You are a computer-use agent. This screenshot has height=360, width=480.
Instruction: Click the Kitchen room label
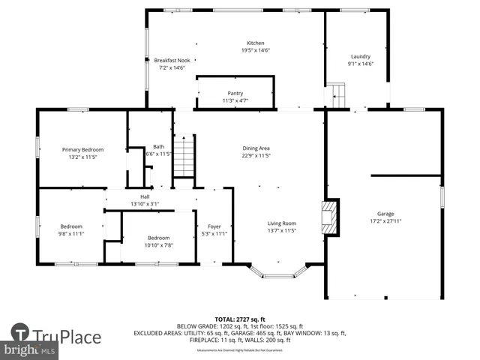(x=256, y=43)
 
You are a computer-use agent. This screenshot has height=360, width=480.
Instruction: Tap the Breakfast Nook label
(x=171, y=60)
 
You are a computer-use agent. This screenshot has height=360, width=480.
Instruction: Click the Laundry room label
(x=360, y=56)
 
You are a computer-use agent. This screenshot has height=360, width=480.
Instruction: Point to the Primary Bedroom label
(x=82, y=149)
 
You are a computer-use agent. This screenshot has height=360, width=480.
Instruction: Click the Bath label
(x=158, y=146)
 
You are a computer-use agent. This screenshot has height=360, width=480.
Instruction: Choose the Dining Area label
(x=261, y=148)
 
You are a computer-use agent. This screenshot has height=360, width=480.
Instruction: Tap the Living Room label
(x=283, y=223)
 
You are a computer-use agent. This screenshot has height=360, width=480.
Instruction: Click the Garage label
(x=385, y=214)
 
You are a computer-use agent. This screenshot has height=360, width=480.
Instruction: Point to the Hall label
(x=145, y=196)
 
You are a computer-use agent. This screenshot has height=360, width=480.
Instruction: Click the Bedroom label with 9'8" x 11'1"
(x=71, y=226)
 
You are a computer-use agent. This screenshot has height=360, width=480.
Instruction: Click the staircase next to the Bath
(x=184, y=156)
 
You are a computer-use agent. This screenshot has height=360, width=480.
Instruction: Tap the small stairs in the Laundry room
(x=337, y=96)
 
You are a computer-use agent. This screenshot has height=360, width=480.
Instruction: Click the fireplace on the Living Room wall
(x=329, y=214)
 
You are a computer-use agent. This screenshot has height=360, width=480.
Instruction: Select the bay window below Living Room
(x=278, y=273)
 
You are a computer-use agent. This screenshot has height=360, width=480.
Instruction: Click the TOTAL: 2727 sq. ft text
(x=240, y=319)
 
